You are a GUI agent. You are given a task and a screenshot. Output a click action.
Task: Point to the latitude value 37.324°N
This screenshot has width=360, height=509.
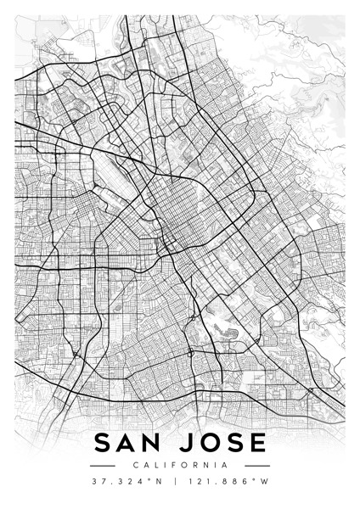tap(129, 482)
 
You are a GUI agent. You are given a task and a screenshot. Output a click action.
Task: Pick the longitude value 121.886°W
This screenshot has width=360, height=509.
tap(227, 482)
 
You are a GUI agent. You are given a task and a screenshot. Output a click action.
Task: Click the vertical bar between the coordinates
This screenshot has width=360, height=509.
tap(175, 482)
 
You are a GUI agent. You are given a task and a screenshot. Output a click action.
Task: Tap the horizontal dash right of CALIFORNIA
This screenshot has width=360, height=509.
tap(257, 465)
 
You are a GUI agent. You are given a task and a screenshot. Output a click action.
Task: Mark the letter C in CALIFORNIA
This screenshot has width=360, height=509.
tap(136, 465)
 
